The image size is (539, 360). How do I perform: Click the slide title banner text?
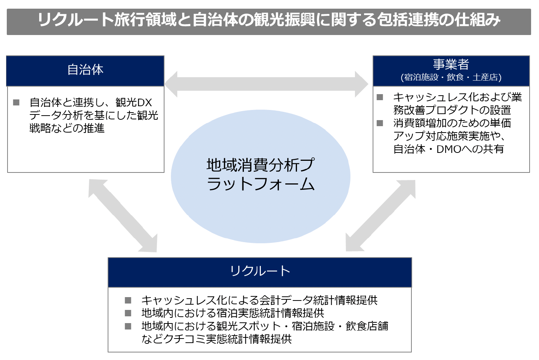[269, 20]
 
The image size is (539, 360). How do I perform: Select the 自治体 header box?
[85, 70]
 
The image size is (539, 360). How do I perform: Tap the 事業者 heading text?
[451, 65]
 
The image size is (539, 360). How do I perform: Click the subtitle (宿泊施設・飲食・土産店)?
[451, 78]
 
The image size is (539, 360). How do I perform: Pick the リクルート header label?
[260, 271]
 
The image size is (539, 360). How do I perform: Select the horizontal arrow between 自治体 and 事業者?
[266, 84]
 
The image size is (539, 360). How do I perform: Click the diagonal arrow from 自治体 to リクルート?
[123, 216]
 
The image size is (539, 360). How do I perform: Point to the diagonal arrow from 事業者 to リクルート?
[381, 216]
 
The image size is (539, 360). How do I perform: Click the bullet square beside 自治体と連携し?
[16, 102]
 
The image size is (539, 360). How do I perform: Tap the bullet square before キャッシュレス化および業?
[380, 97]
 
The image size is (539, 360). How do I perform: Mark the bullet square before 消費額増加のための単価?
[380, 123]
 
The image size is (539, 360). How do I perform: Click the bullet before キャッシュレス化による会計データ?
[128, 300]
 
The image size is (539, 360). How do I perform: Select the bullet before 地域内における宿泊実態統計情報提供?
[128, 313]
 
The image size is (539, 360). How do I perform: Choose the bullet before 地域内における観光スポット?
[128, 326]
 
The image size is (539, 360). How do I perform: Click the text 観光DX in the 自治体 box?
[134, 102]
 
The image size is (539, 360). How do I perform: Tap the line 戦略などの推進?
[67, 128]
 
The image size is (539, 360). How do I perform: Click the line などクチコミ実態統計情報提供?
[216, 339]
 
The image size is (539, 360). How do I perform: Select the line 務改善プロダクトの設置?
[452, 110]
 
